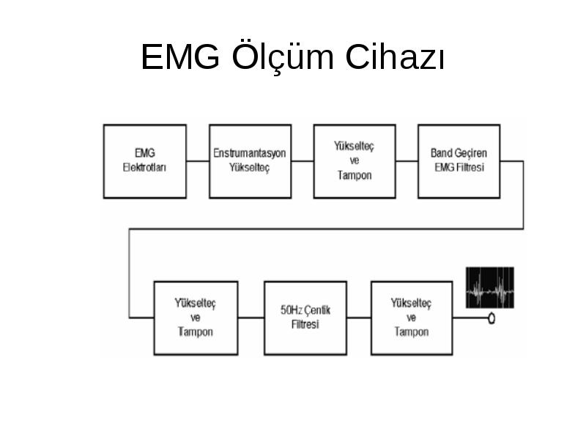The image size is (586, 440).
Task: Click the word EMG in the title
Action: point(180,56)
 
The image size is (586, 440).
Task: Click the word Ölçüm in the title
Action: point(283,56)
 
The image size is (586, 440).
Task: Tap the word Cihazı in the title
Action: point(396,56)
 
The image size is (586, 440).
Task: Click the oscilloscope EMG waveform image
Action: point(490,287)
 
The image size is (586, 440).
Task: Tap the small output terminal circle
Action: point(492,318)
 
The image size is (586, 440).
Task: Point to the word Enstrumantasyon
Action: point(250,153)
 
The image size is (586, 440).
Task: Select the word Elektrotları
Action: point(144,167)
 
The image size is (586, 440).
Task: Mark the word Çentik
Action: point(317,310)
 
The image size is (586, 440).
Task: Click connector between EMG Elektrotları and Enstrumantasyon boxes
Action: point(198,161)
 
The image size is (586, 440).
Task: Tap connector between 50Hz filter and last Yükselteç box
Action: point(359,318)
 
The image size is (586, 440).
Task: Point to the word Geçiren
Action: point(470,153)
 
